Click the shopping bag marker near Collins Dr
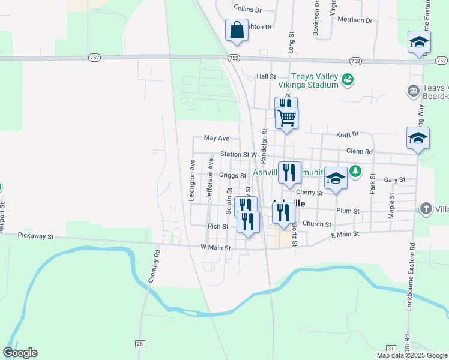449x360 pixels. coord(237,30)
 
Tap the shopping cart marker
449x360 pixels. coord(287,117)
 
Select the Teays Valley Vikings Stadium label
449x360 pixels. coord(315,80)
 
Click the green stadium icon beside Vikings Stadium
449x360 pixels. coord(347,79)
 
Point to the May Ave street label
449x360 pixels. coord(217,138)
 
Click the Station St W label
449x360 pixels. coord(238,154)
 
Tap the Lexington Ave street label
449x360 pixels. coord(193,179)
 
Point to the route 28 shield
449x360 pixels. coord(140,344)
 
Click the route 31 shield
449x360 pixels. coord(391,349)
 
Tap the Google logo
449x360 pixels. coord(20,353)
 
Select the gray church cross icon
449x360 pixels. coord(426,208)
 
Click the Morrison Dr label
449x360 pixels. coord(355,20)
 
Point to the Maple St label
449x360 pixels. coord(391,206)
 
